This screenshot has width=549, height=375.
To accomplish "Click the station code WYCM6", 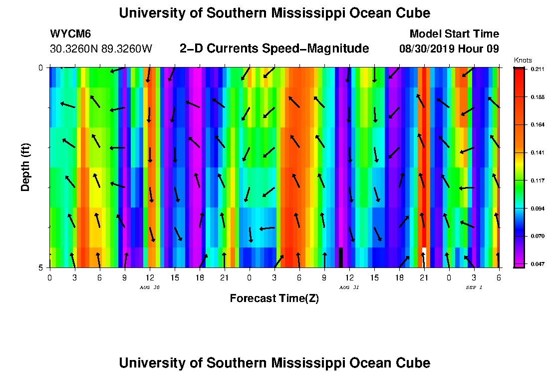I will [70, 34].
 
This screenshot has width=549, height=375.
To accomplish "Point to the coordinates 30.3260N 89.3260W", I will [101, 49].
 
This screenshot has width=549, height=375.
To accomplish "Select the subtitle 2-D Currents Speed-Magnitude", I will [274, 48].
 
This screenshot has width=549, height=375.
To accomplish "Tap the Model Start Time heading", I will [454, 34].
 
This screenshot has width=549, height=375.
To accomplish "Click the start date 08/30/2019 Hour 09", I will [449, 49].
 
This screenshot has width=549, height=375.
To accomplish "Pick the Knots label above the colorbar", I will [522, 60].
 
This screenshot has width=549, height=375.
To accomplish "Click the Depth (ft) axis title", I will [25, 168].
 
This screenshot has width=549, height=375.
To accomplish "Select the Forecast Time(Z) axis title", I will [274, 298].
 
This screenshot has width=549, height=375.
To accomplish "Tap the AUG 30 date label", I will [149, 287].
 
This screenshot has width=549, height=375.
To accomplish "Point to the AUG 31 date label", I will [349, 287].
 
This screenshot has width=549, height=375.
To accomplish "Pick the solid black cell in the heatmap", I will [341, 257].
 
